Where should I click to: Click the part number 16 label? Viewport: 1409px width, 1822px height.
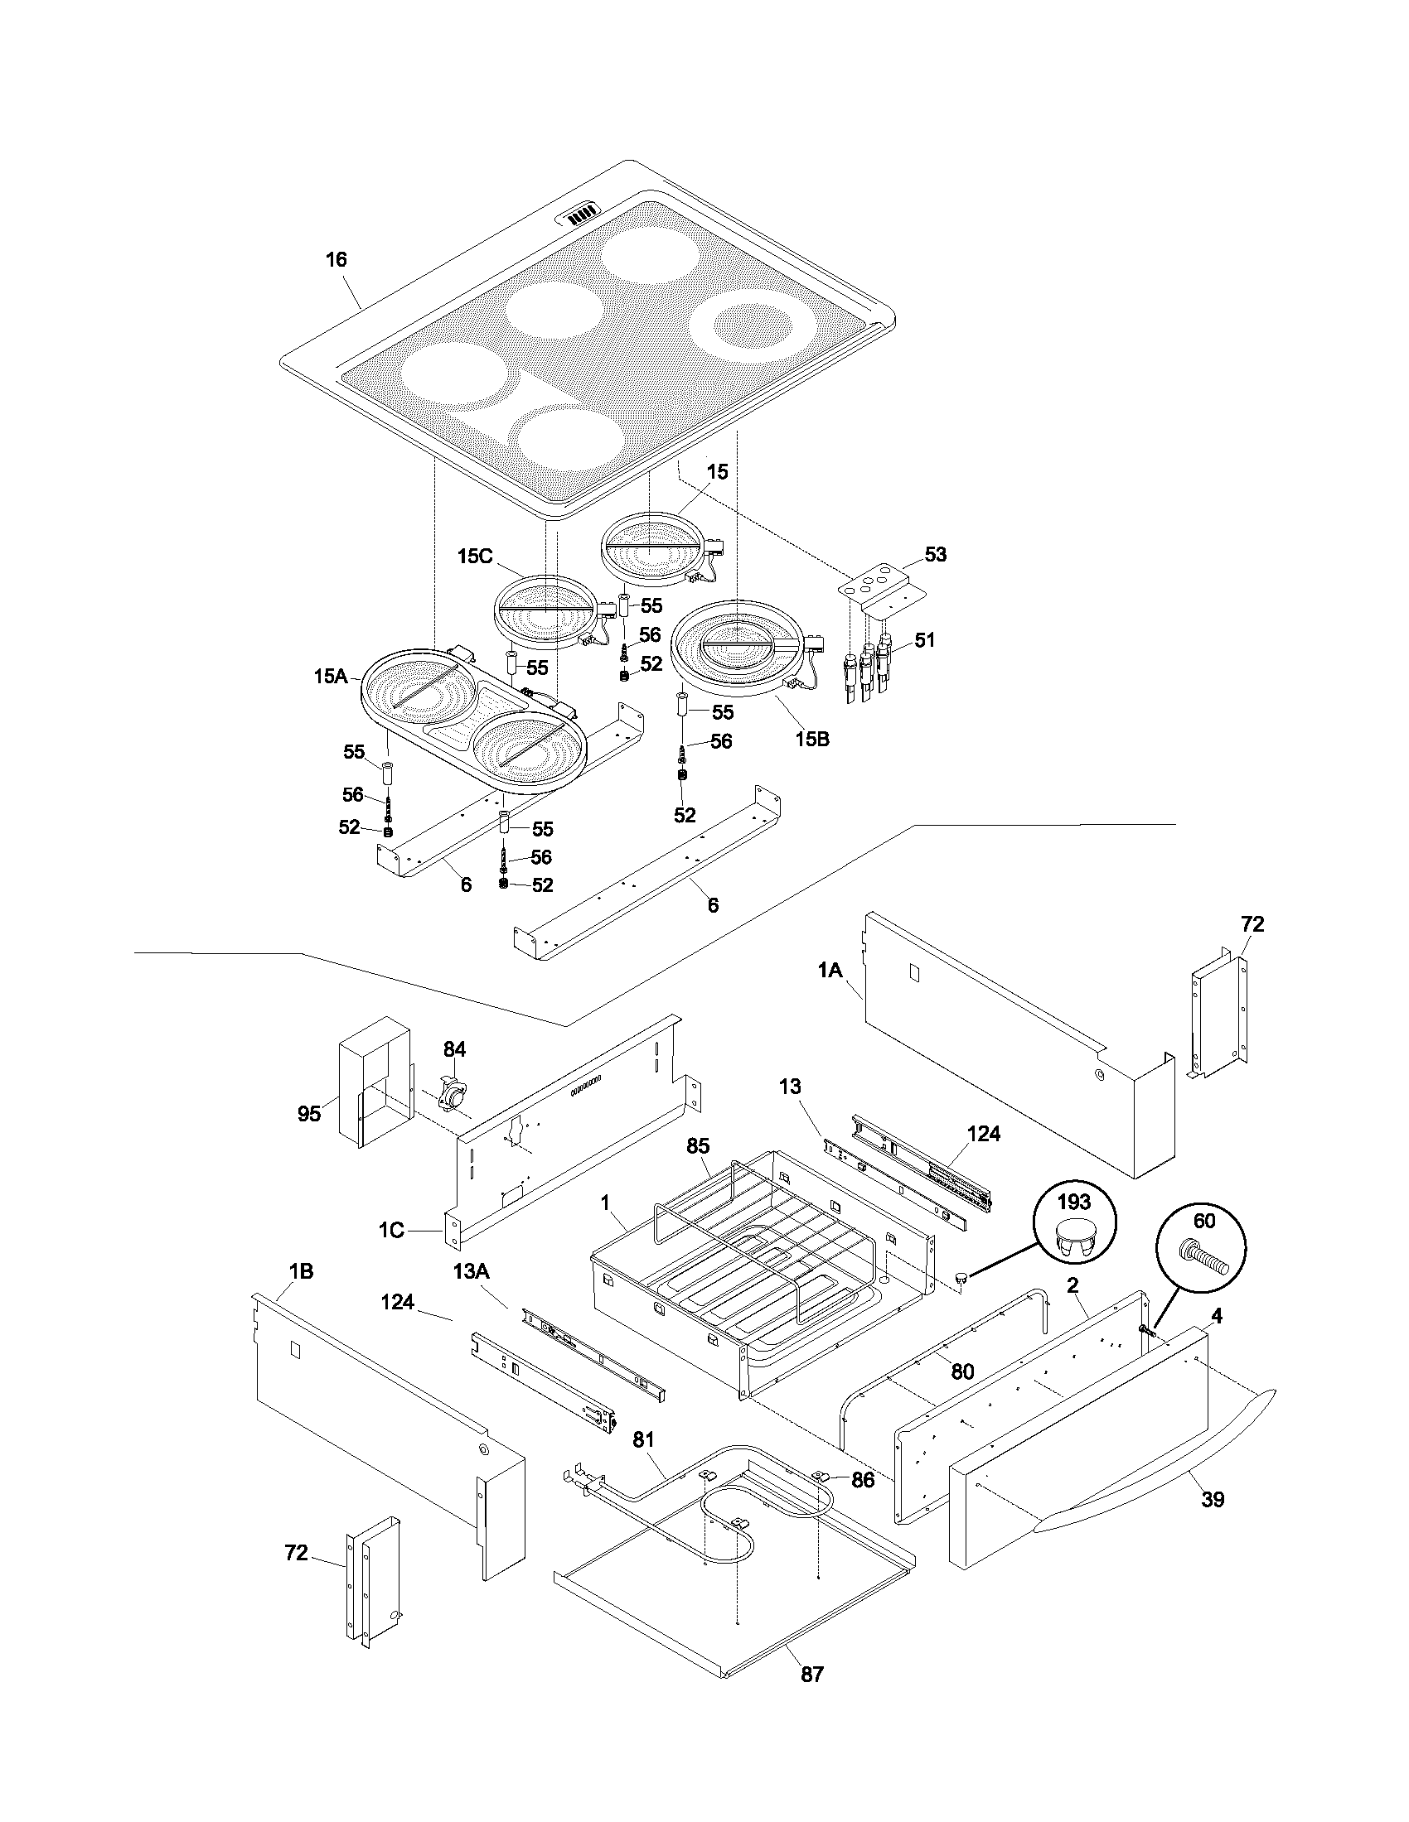[336, 260]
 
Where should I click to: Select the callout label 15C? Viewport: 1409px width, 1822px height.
[475, 556]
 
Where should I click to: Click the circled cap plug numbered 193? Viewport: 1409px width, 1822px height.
[1073, 1227]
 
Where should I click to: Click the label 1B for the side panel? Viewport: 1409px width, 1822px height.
[301, 1271]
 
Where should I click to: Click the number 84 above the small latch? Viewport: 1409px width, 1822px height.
[454, 1049]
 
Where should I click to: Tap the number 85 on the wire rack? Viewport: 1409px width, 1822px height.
[698, 1147]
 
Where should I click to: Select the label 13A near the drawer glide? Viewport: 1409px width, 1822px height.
[471, 1271]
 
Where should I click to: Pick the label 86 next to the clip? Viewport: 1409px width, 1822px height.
[862, 1480]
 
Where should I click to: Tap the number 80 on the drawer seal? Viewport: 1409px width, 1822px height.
[962, 1371]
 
